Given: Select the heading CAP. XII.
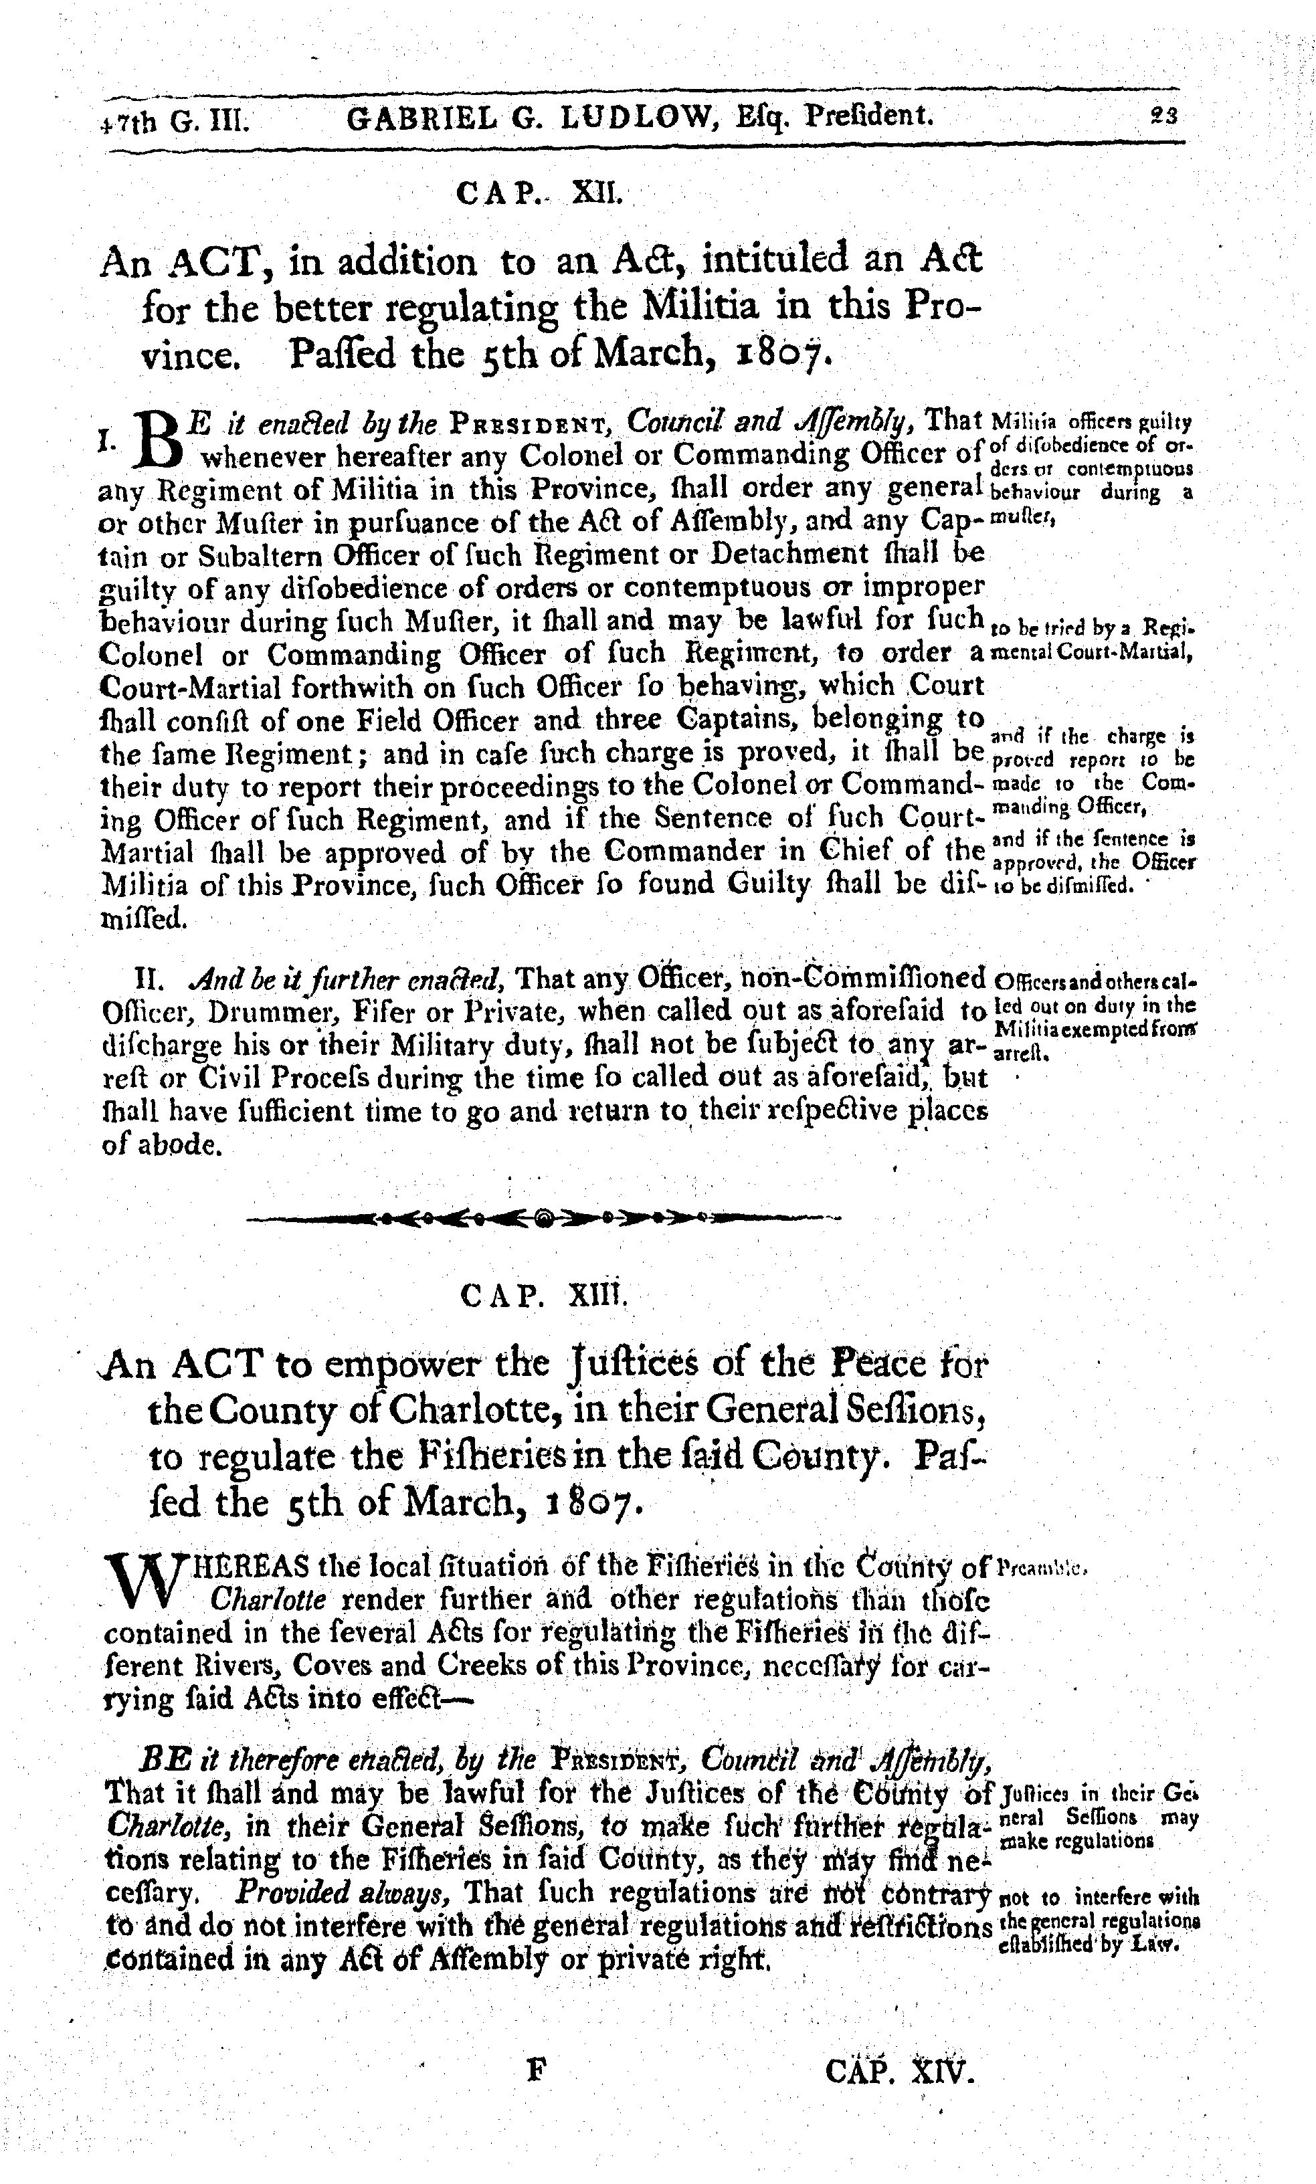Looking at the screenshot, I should pyautogui.click(x=542, y=193).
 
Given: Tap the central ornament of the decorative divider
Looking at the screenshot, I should pyautogui.click(x=544, y=1219).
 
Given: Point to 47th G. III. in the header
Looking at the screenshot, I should pyautogui.click(x=175, y=119).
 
